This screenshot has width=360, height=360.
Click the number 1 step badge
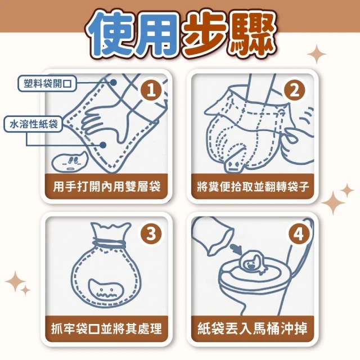coord(151,90)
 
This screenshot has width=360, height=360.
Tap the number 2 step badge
coord(295,90)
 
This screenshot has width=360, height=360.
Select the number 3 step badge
coord(151,234)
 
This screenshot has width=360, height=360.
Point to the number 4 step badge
coord(299,234)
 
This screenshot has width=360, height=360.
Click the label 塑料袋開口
coord(47,84)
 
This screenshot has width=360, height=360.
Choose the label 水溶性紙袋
coord(33,124)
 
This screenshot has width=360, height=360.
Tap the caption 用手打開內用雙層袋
coord(106,186)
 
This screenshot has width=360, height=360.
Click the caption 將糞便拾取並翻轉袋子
coord(253,186)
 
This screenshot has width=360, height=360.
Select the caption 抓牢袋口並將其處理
coord(106,328)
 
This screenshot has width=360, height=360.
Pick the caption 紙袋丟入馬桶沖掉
coord(253,328)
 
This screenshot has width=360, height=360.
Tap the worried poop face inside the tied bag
coord(106,291)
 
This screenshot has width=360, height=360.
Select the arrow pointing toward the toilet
coord(236,249)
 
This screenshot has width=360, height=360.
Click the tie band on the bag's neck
coord(109,243)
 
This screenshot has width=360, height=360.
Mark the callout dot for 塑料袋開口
coord(113,82)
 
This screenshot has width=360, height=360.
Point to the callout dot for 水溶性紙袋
coord(103,145)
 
